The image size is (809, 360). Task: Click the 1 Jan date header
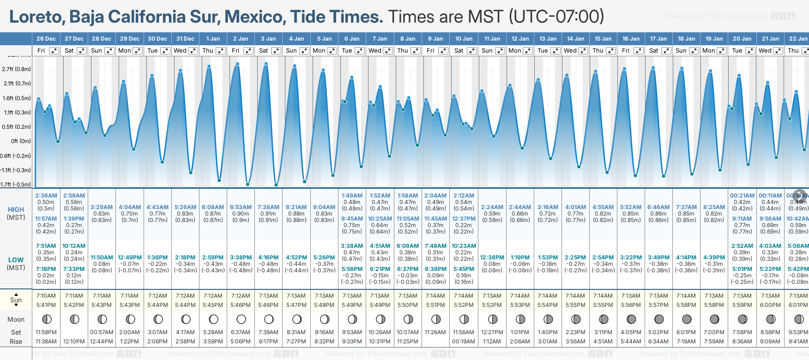[213, 39]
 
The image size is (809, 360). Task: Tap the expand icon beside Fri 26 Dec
[54, 51]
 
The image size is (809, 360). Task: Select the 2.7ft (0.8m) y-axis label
[16, 69]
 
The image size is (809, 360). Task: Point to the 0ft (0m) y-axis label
[21, 141]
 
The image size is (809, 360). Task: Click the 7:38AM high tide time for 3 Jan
[268, 207]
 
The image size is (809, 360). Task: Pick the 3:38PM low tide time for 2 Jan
[241, 258]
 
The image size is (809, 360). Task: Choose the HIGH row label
[16, 210]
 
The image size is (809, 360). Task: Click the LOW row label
[16, 260]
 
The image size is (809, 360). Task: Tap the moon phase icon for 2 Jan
[241, 319]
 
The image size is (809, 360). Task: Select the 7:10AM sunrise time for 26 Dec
[46, 296]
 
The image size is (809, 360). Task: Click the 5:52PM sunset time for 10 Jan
[464, 305]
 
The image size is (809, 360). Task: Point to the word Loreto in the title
[36, 17]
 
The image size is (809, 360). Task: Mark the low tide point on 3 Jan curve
[276, 185]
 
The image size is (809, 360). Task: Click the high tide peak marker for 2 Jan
[237, 64]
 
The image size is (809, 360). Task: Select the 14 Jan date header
[575, 39]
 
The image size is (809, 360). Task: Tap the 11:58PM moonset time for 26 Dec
[46, 332]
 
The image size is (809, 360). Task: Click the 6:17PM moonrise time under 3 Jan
[268, 342]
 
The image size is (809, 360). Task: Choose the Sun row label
[16, 300]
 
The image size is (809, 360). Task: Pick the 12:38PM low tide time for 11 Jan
[492, 258]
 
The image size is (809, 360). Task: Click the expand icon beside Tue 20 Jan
[750, 51]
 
